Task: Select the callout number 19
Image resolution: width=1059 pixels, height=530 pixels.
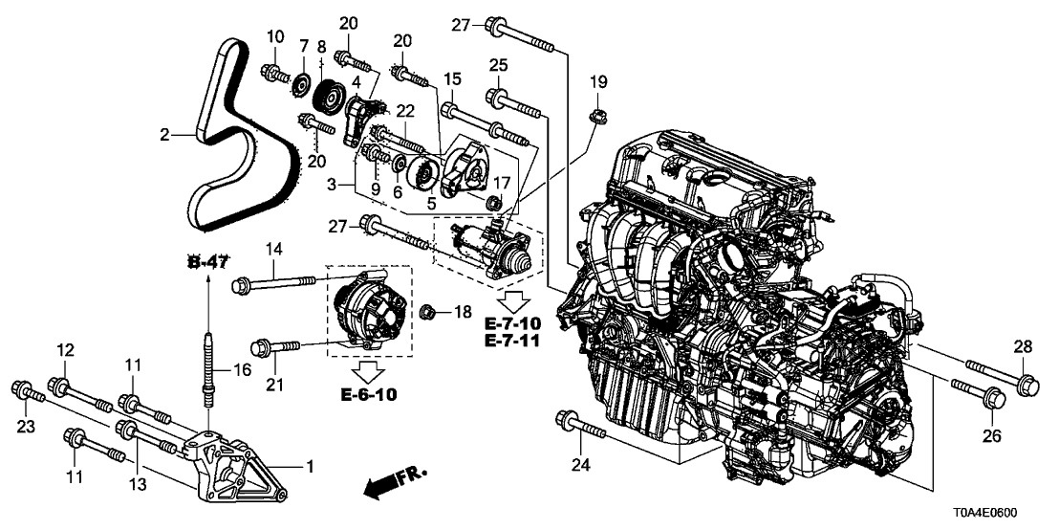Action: pyautogui.click(x=598, y=83)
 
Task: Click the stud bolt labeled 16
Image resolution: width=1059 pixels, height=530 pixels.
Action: pyautogui.click(x=208, y=368)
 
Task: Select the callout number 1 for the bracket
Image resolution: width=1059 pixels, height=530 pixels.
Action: pyautogui.click(x=309, y=467)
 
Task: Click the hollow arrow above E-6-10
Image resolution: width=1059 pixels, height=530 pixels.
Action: pyautogui.click(x=368, y=370)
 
